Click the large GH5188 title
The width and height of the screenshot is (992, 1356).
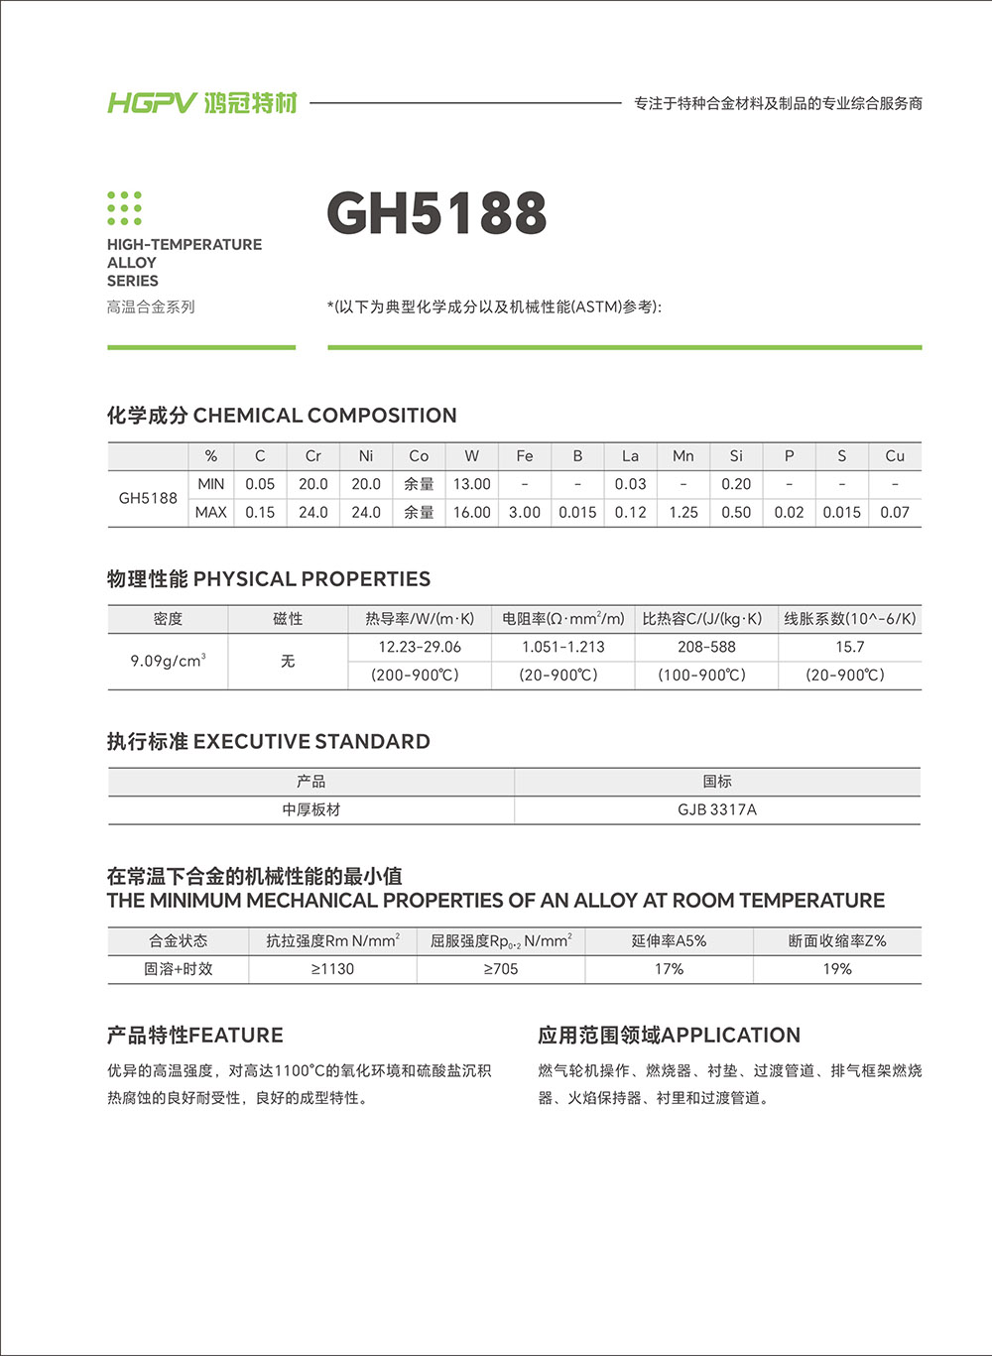(x=436, y=213)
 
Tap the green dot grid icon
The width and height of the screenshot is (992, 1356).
(x=124, y=208)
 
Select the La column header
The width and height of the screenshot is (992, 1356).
(x=630, y=456)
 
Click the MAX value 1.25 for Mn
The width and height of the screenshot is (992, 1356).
(x=682, y=513)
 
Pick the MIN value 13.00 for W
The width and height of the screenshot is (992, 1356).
(x=471, y=484)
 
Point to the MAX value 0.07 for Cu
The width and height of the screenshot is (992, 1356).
(x=894, y=513)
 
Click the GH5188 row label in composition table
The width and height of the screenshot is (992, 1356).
(x=148, y=498)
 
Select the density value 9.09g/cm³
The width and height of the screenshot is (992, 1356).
(x=168, y=661)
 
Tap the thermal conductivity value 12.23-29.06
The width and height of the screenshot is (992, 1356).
(x=420, y=647)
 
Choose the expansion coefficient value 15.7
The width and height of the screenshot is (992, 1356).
(x=849, y=647)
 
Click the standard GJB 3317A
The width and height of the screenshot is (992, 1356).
(x=716, y=809)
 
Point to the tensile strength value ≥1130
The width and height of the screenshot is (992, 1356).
(x=332, y=969)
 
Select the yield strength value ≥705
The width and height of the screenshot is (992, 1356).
(x=501, y=969)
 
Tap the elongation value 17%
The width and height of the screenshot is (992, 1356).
(x=669, y=969)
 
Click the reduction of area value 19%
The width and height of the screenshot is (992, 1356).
(x=837, y=969)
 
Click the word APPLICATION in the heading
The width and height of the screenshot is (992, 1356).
(x=730, y=1036)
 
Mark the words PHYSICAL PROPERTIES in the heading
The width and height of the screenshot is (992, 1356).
(x=311, y=579)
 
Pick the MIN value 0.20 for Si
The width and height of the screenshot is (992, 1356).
(x=735, y=484)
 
